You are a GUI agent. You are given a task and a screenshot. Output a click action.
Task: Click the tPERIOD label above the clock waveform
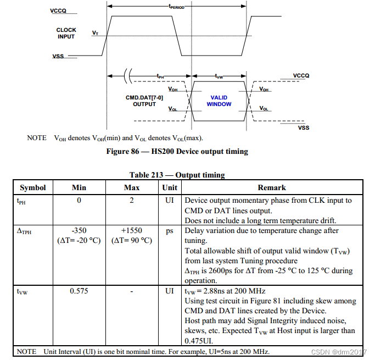(176, 7)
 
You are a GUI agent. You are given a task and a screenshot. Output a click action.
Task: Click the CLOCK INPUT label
(66, 34)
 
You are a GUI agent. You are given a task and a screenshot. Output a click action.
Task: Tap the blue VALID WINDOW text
(219, 101)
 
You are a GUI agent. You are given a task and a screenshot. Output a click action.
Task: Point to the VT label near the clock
(95, 33)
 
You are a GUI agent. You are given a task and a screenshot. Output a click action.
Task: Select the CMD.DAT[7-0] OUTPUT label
(144, 101)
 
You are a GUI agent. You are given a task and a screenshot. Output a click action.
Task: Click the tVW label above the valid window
(219, 76)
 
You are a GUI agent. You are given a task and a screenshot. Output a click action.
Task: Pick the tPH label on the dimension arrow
(160, 76)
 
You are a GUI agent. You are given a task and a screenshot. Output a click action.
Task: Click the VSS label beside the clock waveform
(58, 56)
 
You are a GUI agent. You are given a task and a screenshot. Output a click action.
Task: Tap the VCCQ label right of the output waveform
(301, 76)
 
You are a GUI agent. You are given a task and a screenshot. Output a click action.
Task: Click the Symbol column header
(33, 187)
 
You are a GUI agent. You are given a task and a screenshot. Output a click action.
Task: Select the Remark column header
(272, 187)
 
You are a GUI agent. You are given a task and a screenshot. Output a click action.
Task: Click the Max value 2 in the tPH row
(132, 200)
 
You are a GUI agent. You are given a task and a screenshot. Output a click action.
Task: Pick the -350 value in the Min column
(79, 230)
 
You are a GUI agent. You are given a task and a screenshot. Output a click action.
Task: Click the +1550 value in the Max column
(132, 230)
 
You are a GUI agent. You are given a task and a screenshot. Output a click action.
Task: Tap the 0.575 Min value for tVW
(79, 291)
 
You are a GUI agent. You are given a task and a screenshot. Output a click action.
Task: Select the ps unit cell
(170, 231)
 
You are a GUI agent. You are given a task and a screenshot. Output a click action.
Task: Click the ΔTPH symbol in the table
(24, 231)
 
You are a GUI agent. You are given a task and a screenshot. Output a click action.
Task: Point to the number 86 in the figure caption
(135, 151)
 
